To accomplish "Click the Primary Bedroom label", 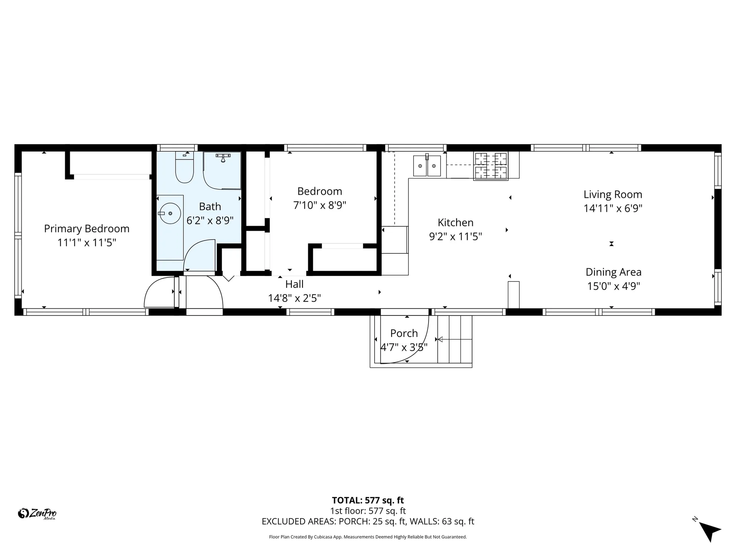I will click(87, 229).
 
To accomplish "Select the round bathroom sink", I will click(170, 213).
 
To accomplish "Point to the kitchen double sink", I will click(427, 166).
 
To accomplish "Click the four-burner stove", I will click(491, 166).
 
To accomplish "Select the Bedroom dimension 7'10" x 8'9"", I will click(320, 205).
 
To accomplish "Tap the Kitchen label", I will click(455, 223).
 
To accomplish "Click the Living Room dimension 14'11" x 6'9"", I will click(613, 209).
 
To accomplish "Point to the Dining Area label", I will click(613, 272).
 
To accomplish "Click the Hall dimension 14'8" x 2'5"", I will click(294, 298).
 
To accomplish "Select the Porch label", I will click(404, 333).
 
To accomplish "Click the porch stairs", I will click(455, 339).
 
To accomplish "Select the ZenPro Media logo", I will click(37, 514).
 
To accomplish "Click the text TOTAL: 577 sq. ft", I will click(368, 500).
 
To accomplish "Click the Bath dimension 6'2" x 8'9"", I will click(210, 221).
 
